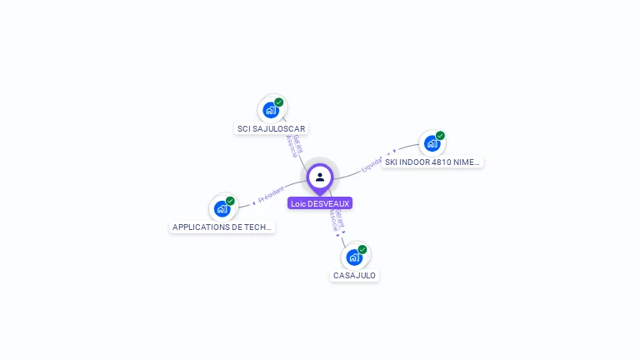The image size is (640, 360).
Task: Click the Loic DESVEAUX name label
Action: [320, 203]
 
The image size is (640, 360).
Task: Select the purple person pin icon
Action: [320, 177]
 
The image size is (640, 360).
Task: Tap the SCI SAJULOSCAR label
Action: [272, 129]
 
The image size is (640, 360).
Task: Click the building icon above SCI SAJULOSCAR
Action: [271, 109]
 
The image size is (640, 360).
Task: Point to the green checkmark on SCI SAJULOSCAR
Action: [279, 102]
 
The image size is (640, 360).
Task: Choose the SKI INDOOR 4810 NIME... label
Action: [432, 162]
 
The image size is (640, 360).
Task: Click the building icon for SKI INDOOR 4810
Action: [432, 142]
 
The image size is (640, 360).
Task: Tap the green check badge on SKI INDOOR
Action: [440, 136]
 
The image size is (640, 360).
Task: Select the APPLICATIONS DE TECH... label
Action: [222, 227]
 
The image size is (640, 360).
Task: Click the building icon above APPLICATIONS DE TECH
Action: [222, 208]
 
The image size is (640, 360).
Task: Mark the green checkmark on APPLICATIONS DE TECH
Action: [230, 201]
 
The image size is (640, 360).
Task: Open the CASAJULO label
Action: [354, 275]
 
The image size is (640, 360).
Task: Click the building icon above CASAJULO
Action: [354, 257]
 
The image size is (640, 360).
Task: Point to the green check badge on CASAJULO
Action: [362, 249]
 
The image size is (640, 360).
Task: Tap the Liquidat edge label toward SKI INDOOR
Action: [372, 164]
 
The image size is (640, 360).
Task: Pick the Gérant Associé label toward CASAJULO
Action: [336, 220]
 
